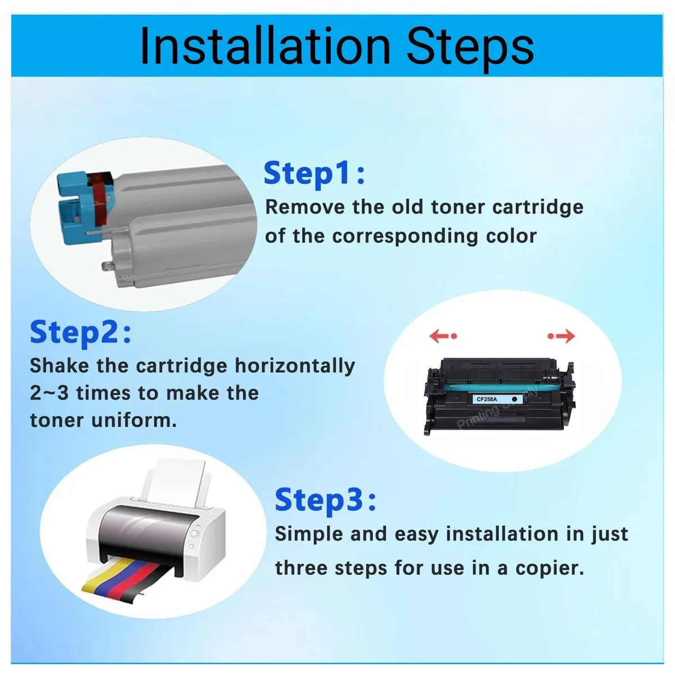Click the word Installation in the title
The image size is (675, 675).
pyautogui.click(x=265, y=46)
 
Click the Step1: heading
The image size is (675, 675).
pyautogui.click(x=314, y=173)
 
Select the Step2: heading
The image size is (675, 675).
pyautogui.click(x=80, y=332)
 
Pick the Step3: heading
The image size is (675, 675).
pyautogui.click(x=326, y=500)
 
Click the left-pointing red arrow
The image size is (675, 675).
pyautogui.click(x=443, y=336)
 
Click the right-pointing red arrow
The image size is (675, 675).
pyautogui.click(x=561, y=336)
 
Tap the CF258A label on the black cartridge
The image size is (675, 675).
pyautogui.click(x=487, y=399)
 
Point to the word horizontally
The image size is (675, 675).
pyautogui.click(x=295, y=366)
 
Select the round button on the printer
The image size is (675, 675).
pyautogui.click(x=194, y=534)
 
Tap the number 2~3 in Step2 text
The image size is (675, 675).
pyautogui.click(x=49, y=393)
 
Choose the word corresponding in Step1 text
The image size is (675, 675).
pyautogui.click(x=405, y=236)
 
